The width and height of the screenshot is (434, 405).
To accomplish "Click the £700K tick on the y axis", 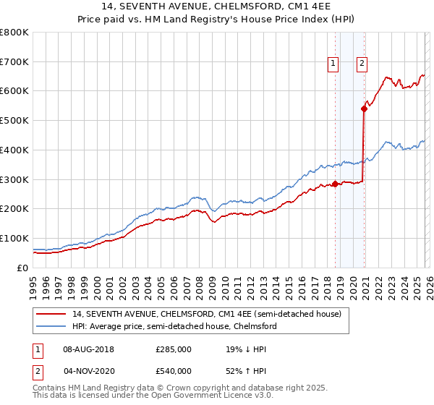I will [x=14, y=61].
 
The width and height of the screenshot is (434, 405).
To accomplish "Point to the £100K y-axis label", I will [x=14, y=238].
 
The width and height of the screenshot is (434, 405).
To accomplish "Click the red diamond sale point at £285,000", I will [x=335, y=184].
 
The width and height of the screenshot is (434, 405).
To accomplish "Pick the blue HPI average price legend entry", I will [x=174, y=326].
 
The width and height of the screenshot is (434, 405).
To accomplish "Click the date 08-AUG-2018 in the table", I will [x=88, y=349].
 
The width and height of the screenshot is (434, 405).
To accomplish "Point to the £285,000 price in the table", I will [x=174, y=349].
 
